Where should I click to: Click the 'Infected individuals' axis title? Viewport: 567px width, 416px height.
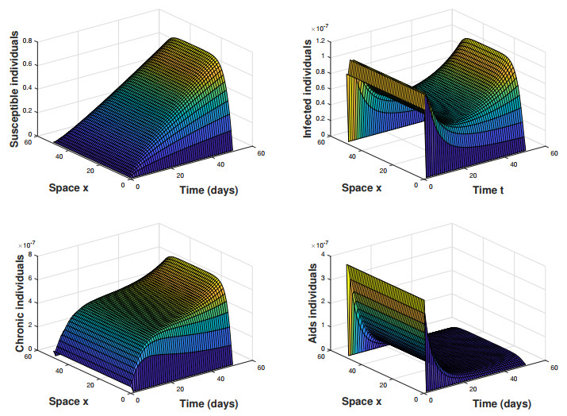pyautogui.click(x=308, y=88)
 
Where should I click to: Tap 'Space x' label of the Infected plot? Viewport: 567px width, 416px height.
pyautogui.click(x=362, y=187)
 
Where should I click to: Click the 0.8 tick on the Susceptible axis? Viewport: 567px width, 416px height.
pyautogui.click(x=27, y=40)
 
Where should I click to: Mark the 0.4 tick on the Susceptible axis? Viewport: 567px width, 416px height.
pyautogui.click(x=27, y=87)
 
